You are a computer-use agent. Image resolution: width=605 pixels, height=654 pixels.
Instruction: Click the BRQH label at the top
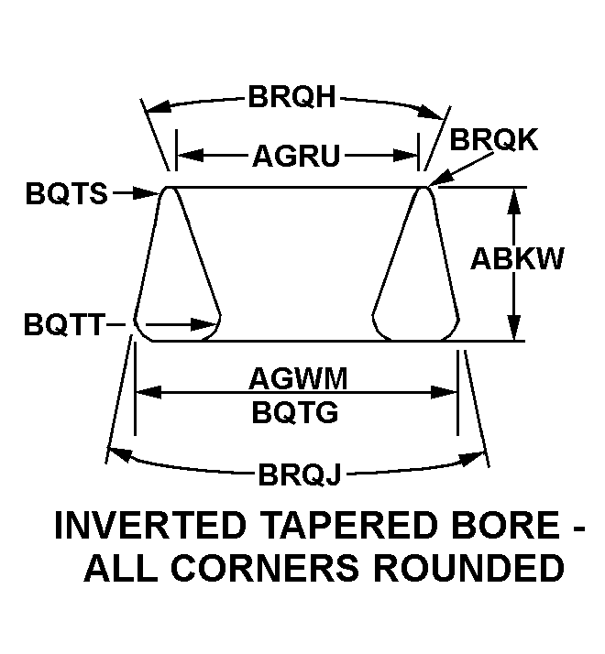(x=292, y=97)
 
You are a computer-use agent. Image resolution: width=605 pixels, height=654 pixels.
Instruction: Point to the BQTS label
(x=67, y=193)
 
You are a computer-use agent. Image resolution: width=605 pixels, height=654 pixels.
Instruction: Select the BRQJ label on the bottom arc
(x=299, y=475)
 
